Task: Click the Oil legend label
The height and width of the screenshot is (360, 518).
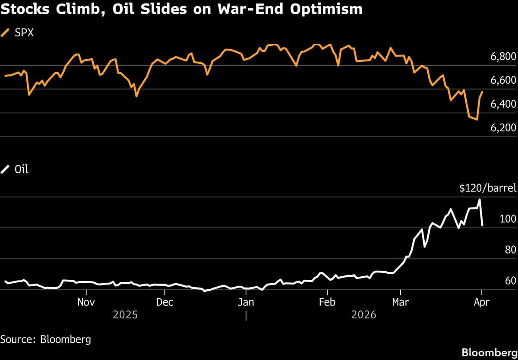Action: coord(21,169)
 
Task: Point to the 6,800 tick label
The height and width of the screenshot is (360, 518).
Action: coord(503,57)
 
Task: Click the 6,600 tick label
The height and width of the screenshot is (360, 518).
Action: coord(503,80)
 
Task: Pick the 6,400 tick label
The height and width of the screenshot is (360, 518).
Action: coord(503,104)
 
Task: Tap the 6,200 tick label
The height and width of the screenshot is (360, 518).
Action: coord(503,128)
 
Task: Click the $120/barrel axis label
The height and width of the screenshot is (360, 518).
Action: coord(487,188)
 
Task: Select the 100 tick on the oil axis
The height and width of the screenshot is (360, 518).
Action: coord(508,219)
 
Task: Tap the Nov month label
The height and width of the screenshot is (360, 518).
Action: coord(85,302)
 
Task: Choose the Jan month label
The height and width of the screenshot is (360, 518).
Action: coord(246,302)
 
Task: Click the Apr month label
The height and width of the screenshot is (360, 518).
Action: coord(481,302)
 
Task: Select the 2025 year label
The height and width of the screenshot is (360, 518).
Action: coord(125,315)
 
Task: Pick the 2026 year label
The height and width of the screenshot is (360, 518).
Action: coord(363,315)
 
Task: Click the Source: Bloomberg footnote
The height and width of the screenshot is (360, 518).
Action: coord(45,339)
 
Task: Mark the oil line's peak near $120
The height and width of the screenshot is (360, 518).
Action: coord(479,200)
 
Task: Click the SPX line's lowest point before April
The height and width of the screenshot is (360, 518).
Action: coord(477,120)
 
